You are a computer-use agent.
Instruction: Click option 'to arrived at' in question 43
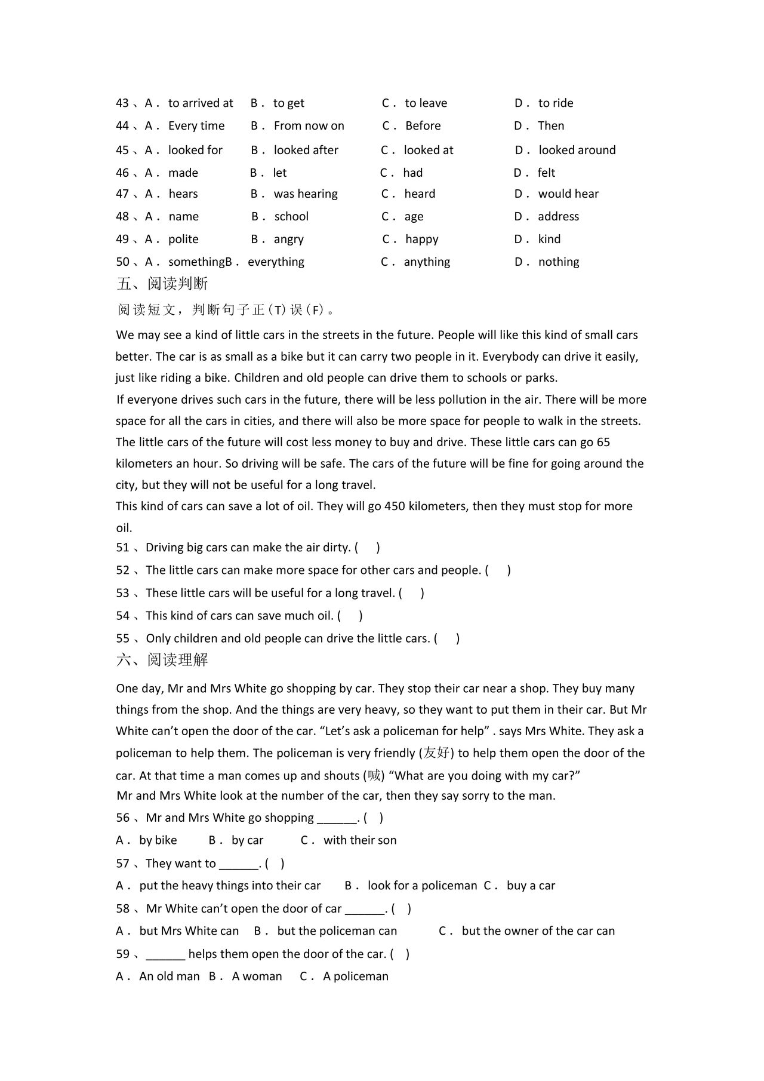pos(201,103)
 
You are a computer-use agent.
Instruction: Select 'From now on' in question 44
pos(309,126)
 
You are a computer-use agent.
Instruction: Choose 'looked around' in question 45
pos(577,151)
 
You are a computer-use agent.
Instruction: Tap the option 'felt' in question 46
pos(546,173)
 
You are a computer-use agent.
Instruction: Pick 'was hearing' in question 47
pos(305,194)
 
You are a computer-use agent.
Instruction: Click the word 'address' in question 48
pos(558,217)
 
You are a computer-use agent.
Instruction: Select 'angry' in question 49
pos(288,239)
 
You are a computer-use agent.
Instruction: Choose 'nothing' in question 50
pos(558,262)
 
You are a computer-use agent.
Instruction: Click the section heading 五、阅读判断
pos(162,284)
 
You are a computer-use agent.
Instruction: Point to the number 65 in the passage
pos(603,443)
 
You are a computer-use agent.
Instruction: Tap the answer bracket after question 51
pos(367,548)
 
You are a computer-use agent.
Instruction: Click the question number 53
pos(122,593)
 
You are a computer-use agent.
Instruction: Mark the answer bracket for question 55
pos(447,638)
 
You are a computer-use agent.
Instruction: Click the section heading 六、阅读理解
pos(162,660)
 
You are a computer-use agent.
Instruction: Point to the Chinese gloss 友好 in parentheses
pos(436,753)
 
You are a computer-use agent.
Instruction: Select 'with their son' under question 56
pos(359,840)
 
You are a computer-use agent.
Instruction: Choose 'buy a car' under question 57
pos(531,886)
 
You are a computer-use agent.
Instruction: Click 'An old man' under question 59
pos(169,976)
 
